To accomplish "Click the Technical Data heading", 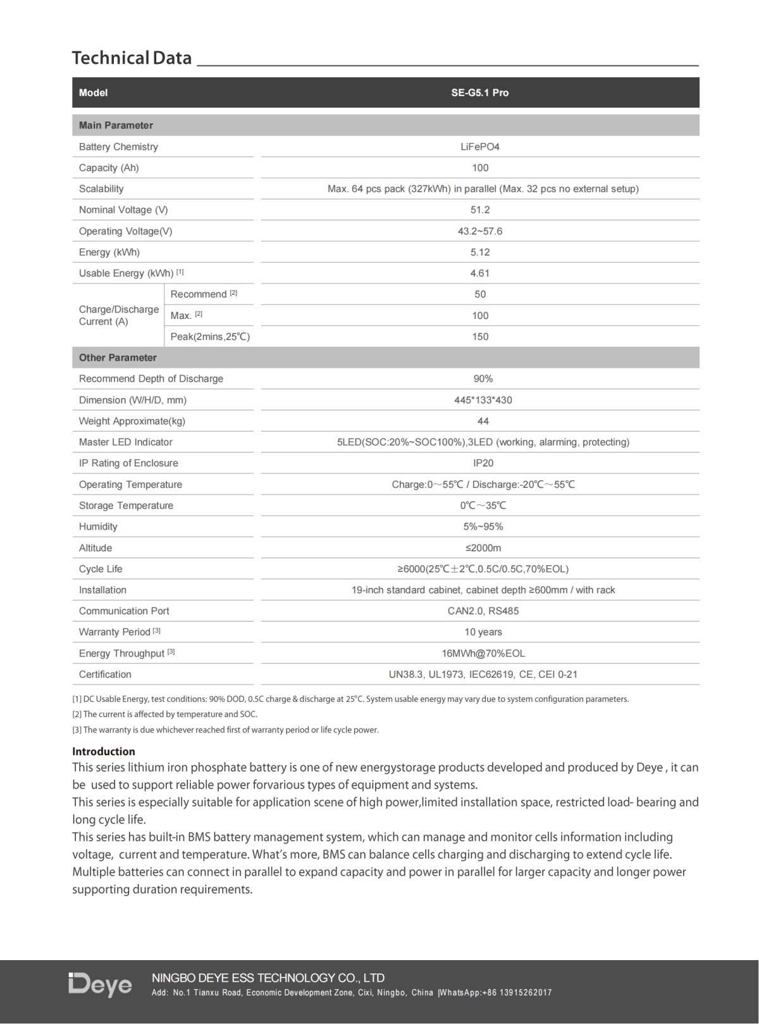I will (x=132, y=58).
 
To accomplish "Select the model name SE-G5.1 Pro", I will (x=479, y=92).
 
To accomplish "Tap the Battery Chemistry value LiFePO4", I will (x=479, y=147).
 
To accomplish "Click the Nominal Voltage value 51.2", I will (x=479, y=210).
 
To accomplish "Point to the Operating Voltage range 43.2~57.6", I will (x=479, y=231).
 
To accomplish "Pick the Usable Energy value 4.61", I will (x=479, y=273).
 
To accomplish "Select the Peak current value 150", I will (x=479, y=337).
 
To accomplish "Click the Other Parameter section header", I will (x=118, y=358).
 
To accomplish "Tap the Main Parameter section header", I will (x=116, y=125).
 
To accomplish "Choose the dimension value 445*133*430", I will (x=483, y=400).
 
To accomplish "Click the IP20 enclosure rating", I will (x=483, y=463).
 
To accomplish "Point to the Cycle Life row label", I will (x=101, y=569).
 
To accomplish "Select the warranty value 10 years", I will (x=483, y=632).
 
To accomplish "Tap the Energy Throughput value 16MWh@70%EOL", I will (x=483, y=653).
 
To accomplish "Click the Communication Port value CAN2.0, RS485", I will (x=483, y=611).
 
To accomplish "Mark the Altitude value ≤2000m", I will (x=483, y=548).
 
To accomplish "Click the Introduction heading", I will (x=104, y=751).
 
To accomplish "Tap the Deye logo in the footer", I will (x=101, y=985).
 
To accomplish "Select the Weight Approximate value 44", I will (x=483, y=421).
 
